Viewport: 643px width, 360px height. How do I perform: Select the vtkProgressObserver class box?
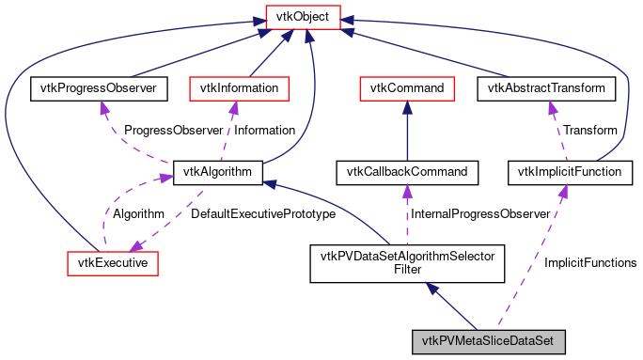[x=99, y=88]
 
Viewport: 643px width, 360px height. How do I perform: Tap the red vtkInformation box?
[x=240, y=88]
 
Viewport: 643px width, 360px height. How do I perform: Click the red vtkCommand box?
[x=407, y=88]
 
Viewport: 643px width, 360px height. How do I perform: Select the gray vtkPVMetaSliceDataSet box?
[x=488, y=340]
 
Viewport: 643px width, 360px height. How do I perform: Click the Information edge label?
[x=264, y=130]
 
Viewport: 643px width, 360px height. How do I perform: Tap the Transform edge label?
[x=589, y=130]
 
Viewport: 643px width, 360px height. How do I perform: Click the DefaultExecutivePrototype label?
[x=263, y=213]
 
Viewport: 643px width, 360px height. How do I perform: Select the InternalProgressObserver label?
[x=471, y=213]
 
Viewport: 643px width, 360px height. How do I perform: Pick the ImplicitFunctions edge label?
[x=590, y=262]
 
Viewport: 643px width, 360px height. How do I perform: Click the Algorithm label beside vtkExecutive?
[x=139, y=213]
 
